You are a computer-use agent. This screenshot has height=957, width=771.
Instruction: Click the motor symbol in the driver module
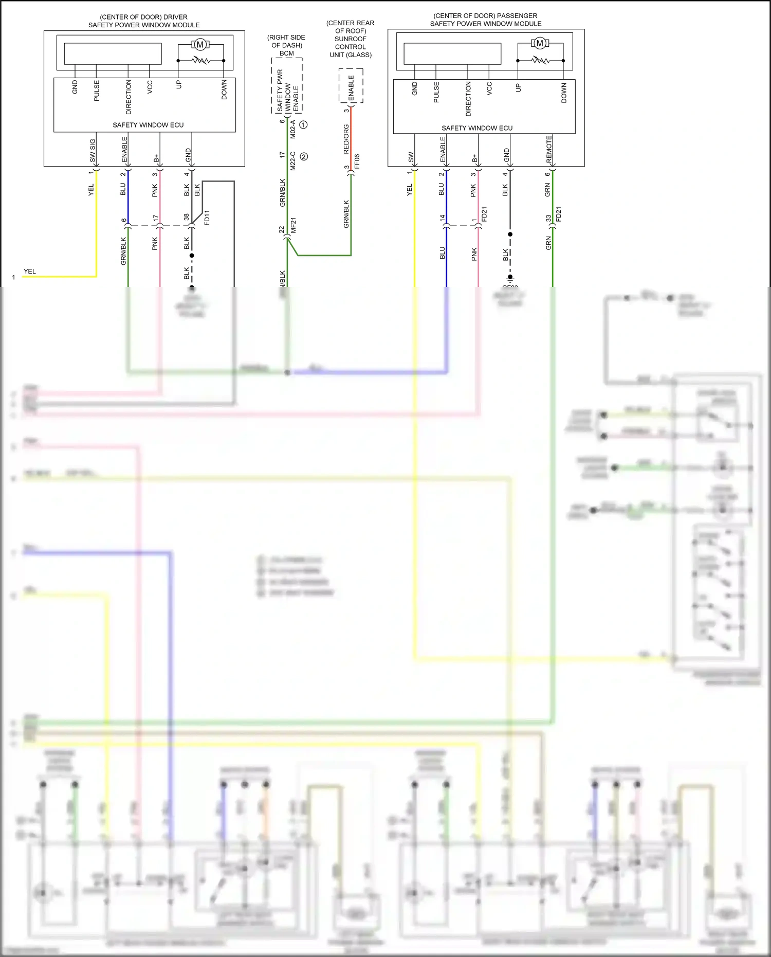[x=200, y=45]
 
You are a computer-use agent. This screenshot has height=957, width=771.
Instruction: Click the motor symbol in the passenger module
[x=540, y=43]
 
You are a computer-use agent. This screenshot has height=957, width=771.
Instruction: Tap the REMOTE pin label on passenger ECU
[x=549, y=149]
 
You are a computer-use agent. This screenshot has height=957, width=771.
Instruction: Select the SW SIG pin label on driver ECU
[x=93, y=151]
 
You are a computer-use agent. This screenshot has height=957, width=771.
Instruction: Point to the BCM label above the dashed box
[x=286, y=53]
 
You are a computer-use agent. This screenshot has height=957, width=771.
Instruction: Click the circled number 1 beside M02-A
[x=303, y=124]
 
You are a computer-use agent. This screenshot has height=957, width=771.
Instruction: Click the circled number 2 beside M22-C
[x=304, y=156]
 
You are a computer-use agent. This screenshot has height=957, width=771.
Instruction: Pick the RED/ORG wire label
[x=346, y=139]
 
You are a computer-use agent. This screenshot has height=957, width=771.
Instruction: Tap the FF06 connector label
[x=357, y=161]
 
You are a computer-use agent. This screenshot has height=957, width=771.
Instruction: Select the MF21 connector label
[x=293, y=225]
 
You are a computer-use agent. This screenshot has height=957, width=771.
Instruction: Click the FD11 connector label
[x=207, y=218]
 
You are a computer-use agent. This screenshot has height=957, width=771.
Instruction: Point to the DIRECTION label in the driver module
[x=128, y=97]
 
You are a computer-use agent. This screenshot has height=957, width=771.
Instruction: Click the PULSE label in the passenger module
[x=436, y=92]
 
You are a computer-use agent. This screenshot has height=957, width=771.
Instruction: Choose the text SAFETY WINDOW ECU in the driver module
[x=148, y=125]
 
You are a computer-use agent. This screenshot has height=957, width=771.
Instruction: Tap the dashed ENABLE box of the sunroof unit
[x=351, y=86]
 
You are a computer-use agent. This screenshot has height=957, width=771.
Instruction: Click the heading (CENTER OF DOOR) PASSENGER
[x=485, y=16]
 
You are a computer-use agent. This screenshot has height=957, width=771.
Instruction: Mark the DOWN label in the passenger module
[x=564, y=93]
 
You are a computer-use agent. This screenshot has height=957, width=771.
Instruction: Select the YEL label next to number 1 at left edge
[x=30, y=271]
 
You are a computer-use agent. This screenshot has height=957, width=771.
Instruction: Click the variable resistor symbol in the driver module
[x=201, y=61]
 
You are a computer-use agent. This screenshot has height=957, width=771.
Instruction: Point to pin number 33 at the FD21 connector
[x=548, y=218]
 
